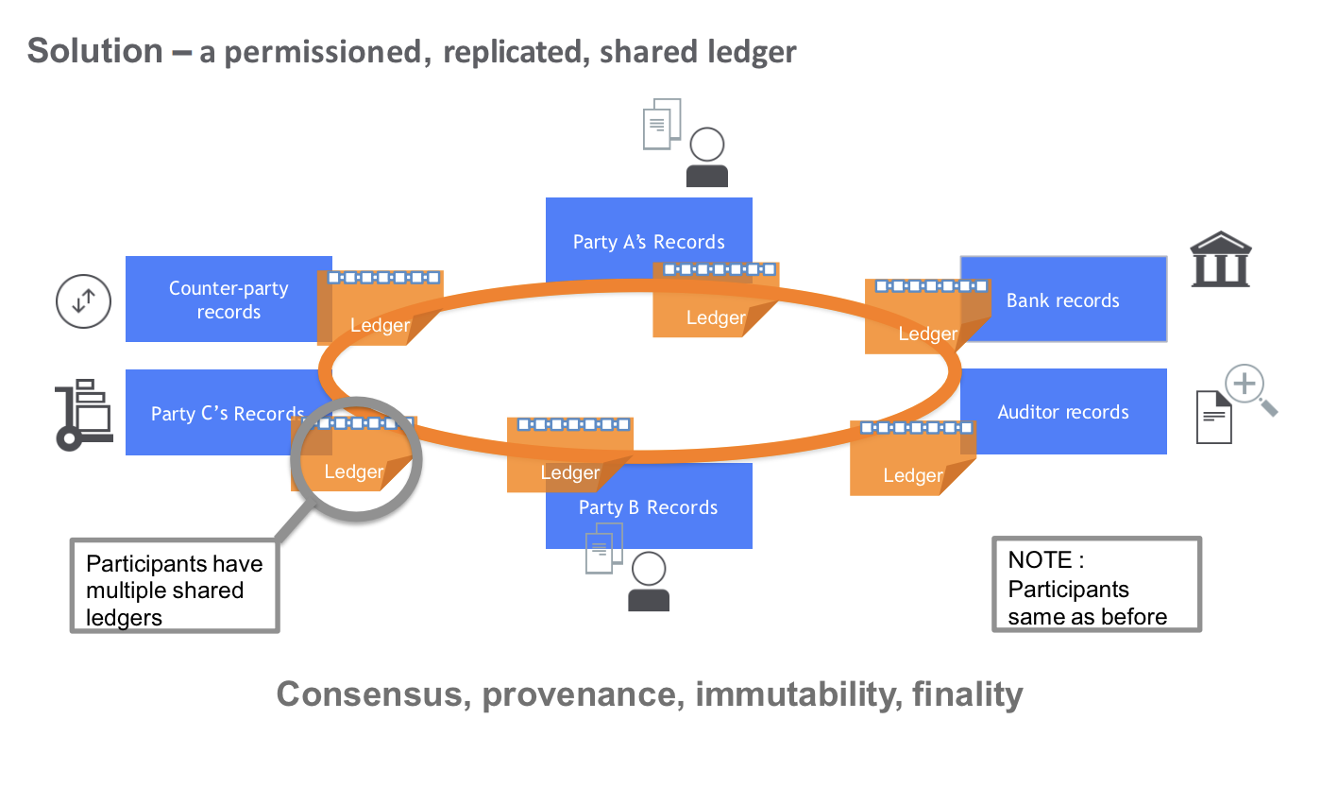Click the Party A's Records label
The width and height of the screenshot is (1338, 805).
[649, 242]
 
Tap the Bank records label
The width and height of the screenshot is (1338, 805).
[1062, 300]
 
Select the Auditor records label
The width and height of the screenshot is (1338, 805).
[1063, 412]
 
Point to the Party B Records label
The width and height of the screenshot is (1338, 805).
[648, 507]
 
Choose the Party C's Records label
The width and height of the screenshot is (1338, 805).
[228, 414]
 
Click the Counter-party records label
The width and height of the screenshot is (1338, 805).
[229, 300]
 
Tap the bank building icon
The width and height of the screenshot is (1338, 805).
[1220, 259]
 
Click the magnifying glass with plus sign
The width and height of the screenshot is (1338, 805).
[1248, 386]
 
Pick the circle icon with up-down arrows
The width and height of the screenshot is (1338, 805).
[83, 301]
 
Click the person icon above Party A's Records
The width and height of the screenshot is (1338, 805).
[706, 157]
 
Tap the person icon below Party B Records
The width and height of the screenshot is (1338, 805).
[649, 581]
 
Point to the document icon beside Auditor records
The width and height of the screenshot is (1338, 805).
[1213, 417]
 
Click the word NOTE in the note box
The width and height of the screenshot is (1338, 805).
[1040, 560]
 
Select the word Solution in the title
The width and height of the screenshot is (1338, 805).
[95, 51]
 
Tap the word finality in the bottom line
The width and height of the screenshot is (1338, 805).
[967, 694]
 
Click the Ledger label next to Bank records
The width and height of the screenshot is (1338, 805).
[927, 334]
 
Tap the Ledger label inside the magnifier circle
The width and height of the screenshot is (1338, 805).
[353, 471]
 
